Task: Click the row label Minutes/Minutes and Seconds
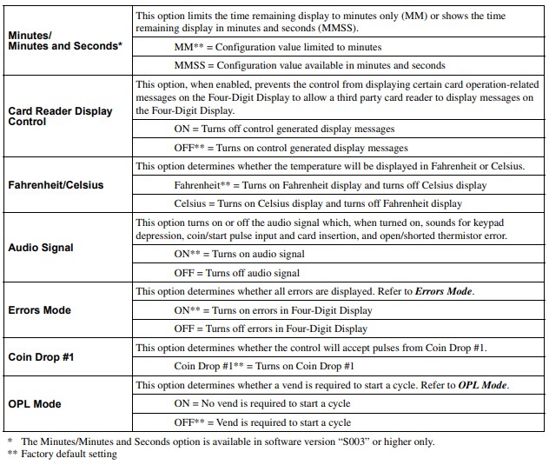(x=64, y=40)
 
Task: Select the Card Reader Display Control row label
(x=60, y=116)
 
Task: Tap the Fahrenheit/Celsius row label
(x=59, y=185)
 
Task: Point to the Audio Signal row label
(x=41, y=248)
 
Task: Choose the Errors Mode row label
(x=39, y=310)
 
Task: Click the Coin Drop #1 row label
(x=39, y=357)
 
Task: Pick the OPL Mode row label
(x=35, y=404)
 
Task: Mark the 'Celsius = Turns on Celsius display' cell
(x=318, y=203)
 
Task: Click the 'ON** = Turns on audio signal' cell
(x=239, y=255)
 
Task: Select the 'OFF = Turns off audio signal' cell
(x=237, y=273)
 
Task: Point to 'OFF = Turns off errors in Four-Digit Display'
(x=270, y=329)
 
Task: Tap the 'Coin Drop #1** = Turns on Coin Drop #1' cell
(x=264, y=367)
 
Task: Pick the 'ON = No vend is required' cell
(x=261, y=404)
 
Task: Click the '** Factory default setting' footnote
(x=62, y=454)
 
